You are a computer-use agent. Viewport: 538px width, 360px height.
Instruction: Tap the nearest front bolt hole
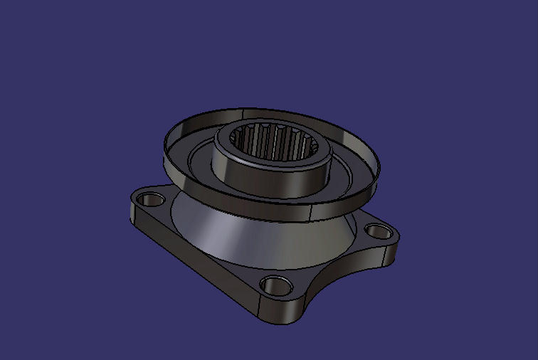(277, 286)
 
